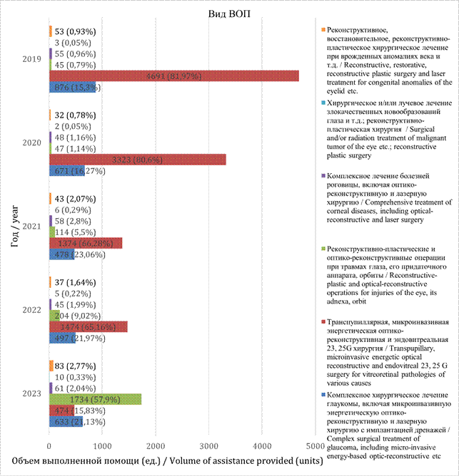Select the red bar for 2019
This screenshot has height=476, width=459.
pos(173,76)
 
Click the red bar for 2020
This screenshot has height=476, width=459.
pos(137,159)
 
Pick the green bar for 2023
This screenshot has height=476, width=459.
pos(95,399)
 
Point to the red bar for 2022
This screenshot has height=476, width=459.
pos(88,326)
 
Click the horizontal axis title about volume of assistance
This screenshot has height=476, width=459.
pos(182,460)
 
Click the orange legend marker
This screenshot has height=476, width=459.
pos(324,30)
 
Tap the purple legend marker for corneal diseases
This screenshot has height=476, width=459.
pos(324,176)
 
